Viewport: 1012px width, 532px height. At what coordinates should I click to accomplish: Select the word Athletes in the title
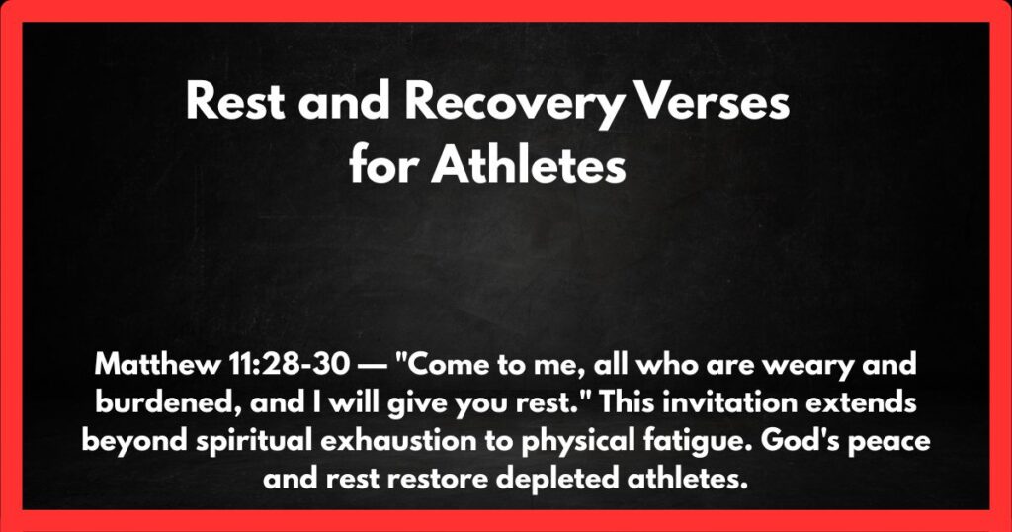tap(530, 166)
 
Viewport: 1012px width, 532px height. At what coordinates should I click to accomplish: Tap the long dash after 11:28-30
tap(377, 365)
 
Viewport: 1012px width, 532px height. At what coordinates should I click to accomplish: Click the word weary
tap(801, 365)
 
